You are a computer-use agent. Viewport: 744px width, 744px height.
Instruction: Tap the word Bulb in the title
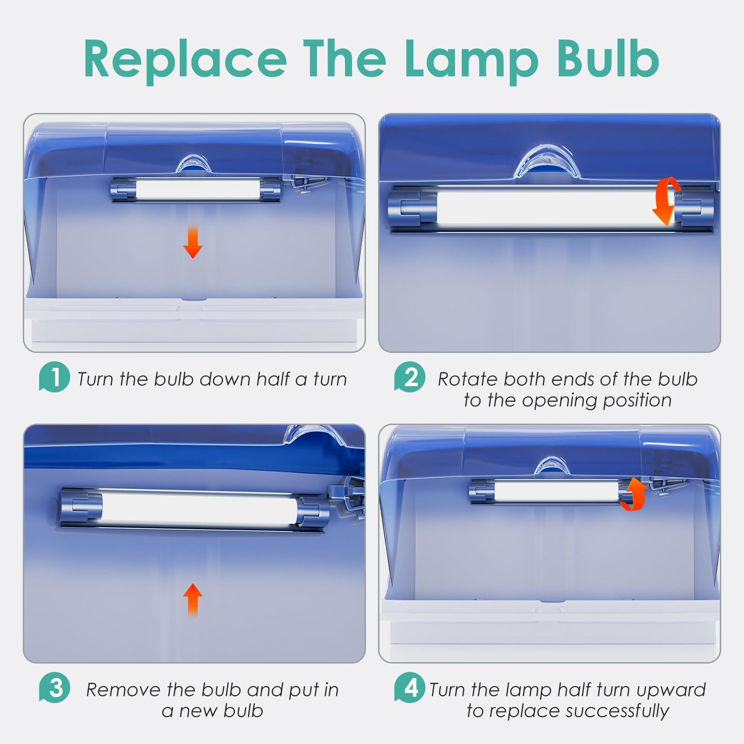(x=608, y=58)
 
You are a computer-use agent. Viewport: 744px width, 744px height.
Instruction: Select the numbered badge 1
(x=55, y=377)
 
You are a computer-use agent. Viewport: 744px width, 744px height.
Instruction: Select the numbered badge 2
(x=410, y=377)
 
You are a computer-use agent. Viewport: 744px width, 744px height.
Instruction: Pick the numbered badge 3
(x=55, y=687)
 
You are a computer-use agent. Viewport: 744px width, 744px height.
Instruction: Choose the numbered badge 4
(x=410, y=687)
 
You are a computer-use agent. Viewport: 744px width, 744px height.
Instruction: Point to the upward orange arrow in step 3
(x=193, y=600)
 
